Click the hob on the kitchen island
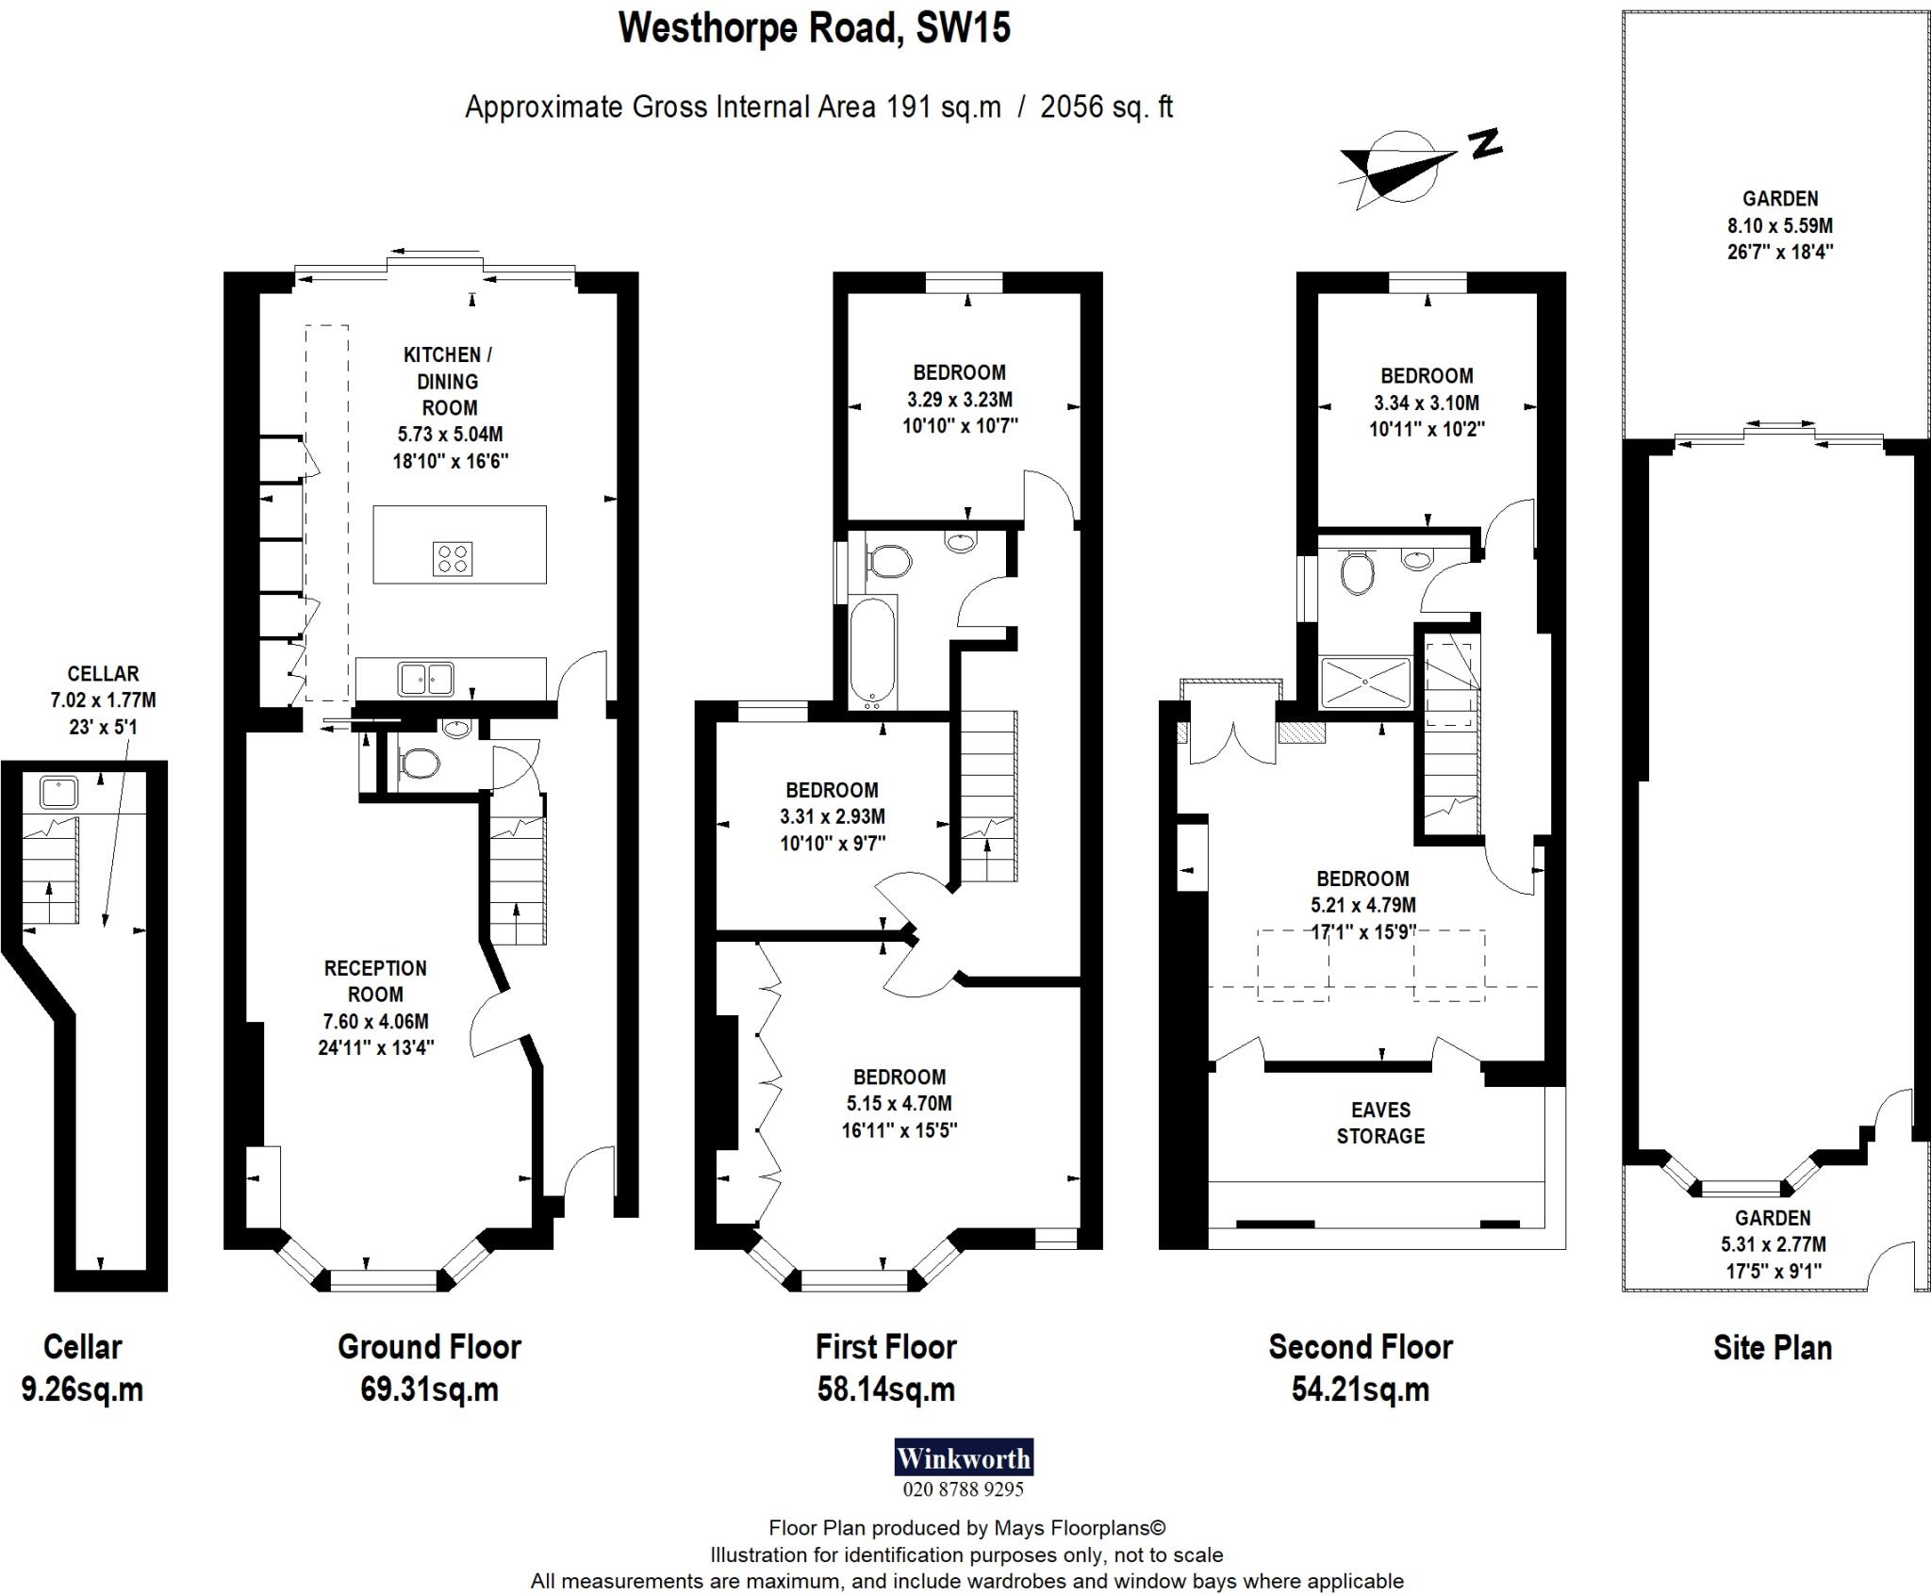pos(453,558)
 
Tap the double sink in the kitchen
pos(426,678)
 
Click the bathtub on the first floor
pos(873,651)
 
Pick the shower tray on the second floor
pos(1365,683)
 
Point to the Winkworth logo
pos(963,1458)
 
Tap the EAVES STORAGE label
pos(1380,1123)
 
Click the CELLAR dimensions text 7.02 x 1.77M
pos(103,700)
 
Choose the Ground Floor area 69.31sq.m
pos(429,1389)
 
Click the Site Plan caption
pos(1772,1348)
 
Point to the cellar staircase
pos(49,872)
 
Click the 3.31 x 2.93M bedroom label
pos(832,816)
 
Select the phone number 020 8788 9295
pos(963,1489)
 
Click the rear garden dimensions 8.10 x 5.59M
pos(1780,226)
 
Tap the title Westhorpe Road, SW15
pos(814,28)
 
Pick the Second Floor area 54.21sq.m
pos(1360,1389)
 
